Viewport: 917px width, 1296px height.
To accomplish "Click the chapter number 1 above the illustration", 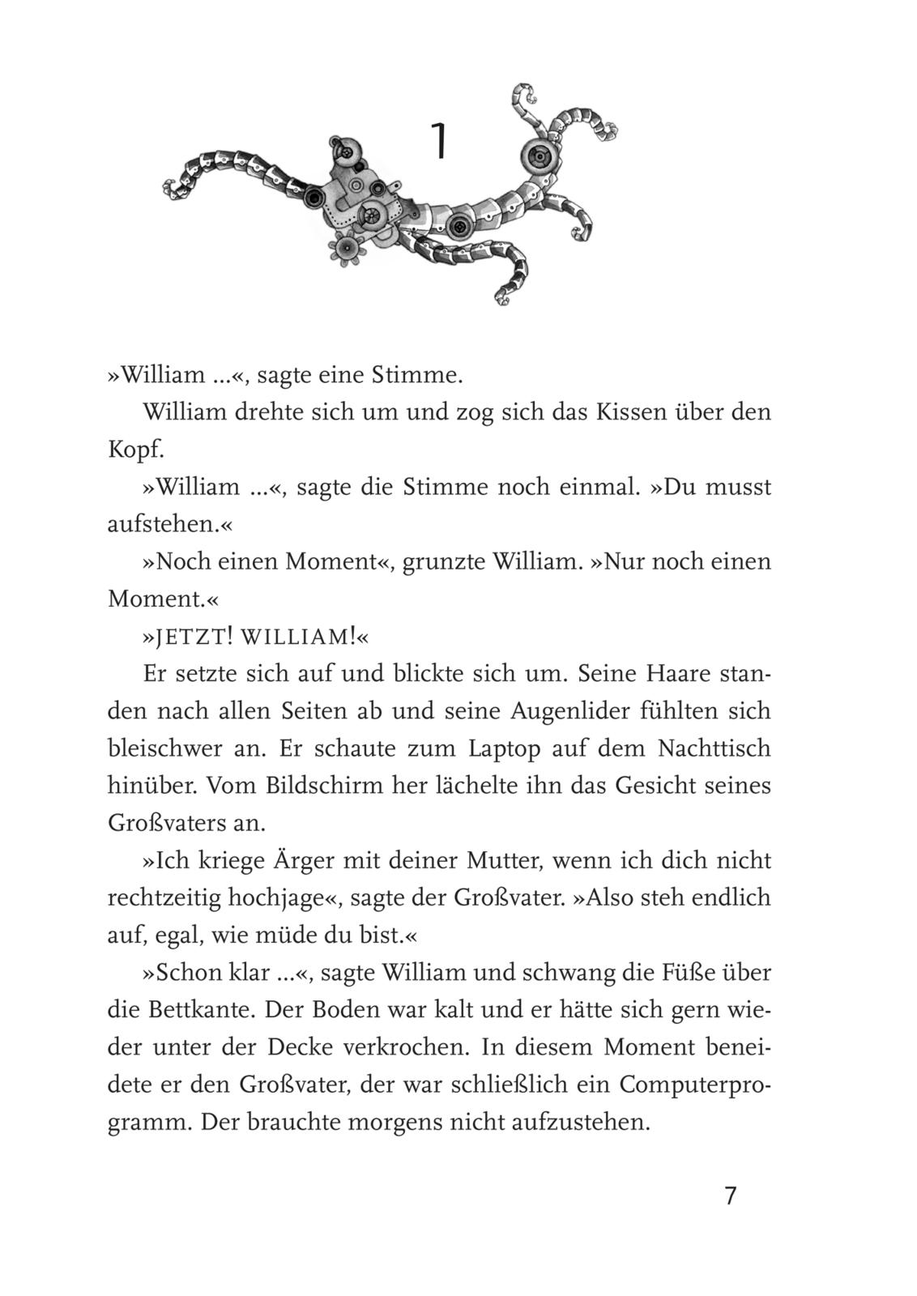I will pyautogui.click(x=438, y=141).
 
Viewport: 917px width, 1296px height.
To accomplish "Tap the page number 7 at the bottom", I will pyautogui.click(x=731, y=1196).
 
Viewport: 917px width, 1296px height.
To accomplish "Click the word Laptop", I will pyautogui.click(x=504, y=748).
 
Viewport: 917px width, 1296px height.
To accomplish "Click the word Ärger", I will pyautogui.click(x=311, y=860).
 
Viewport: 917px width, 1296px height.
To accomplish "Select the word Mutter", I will pyautogui.click(x=501, y=860).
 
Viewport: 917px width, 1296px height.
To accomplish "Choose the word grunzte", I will pyautogui.click(x=442, y=562).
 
